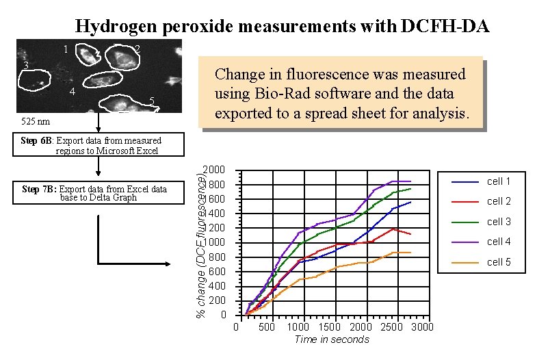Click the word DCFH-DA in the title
coord(445,27)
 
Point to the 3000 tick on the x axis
coord(423,327)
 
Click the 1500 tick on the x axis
coord(329,327)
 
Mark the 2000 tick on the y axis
coord(217,170)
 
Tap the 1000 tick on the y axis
coord(217,242)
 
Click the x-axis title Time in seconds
coord(331,339)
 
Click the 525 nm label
coord(35,121)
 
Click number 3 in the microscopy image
coord(25,66)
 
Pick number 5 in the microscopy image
coord(152,102)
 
